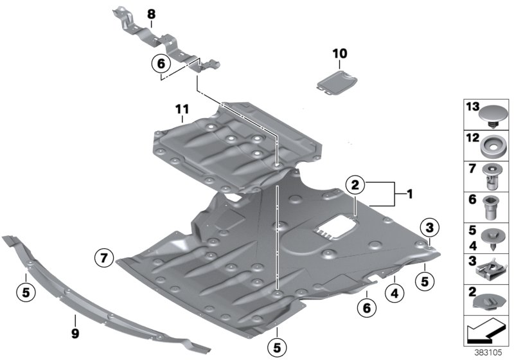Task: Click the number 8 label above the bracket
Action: (151, 14)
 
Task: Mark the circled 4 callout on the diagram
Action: (394, 294)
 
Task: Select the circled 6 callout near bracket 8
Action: (161, 64)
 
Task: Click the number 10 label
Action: (339, 52)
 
